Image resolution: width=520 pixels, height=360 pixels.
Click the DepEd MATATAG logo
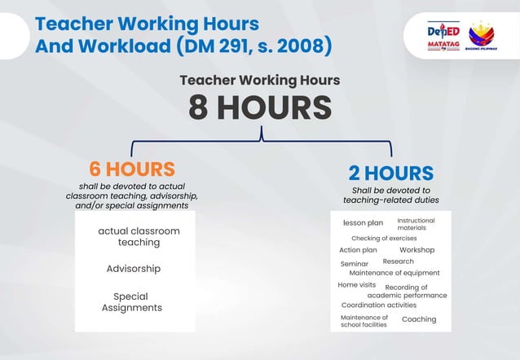pyautogui.click(x=443, y=37)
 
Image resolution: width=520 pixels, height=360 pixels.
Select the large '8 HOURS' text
pyautogui.click(x=260, y=108)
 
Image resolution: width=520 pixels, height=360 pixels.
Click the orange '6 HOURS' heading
pyautogui.click(x=132, y=169)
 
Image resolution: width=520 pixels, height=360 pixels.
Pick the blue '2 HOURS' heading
pyautogui.click(x=390, y=173)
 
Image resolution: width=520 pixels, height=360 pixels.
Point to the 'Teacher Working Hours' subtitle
pyautogui.click(x=260, y=81)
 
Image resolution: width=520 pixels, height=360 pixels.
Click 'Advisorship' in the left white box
pyautogui.click(x=133, y=269)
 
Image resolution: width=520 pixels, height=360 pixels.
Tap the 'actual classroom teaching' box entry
pyautogui.click(x=139, y=237)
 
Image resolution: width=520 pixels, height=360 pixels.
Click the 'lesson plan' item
pyautogui.click(x=363, y=222)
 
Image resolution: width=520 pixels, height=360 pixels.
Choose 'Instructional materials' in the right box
pyautogui.click(x=416, y=224)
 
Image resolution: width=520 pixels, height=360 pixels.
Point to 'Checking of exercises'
pyautogui.click(x=384, y=238)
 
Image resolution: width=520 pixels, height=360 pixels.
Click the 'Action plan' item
pyautogui.click(x=358, y=250)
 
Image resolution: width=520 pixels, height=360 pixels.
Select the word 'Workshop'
pyautogui.click(x=416, y=250)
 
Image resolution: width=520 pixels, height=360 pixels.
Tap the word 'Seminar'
pyautogui.click(x=355, y=264)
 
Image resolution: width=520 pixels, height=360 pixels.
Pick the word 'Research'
pyautogui.click(x=398, y=261)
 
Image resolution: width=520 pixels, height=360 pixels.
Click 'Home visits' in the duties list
pyautogui.click(x=357, y=285)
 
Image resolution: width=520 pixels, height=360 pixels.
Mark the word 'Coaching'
pyautogui.click(x=419, y=319)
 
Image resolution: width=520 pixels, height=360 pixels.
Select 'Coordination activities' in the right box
pyautogui.click(x=378, y=305)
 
